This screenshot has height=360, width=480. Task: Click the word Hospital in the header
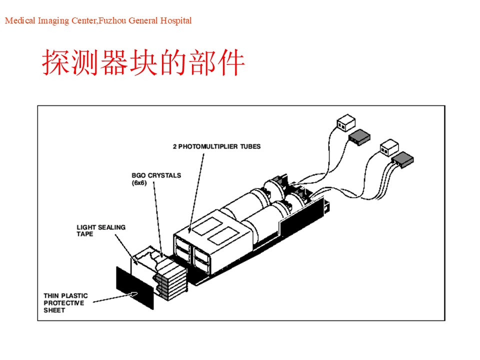tap(176, 20)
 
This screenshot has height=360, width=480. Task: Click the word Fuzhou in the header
tap(112, 20)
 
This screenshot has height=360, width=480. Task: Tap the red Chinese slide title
tap(143, 62)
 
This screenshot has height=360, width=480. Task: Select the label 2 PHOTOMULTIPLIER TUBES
tap(216, 146)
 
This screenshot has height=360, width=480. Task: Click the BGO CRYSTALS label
tap(156, 175)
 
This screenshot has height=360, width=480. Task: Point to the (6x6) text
tap(139, 183)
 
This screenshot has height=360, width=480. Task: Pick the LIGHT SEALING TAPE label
tap(100, 230)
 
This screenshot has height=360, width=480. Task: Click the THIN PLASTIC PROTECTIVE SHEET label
tap(65, 303)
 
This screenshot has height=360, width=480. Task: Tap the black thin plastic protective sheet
tap(134, 288)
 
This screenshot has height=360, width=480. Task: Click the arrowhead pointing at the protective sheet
tap(134, 294)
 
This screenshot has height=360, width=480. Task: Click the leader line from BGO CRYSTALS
tap(157, 219)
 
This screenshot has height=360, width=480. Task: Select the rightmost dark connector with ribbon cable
tap(402, 159)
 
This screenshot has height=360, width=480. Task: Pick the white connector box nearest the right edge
tap(389, 147)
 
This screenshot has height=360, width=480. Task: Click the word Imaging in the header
tap(53, 21)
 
